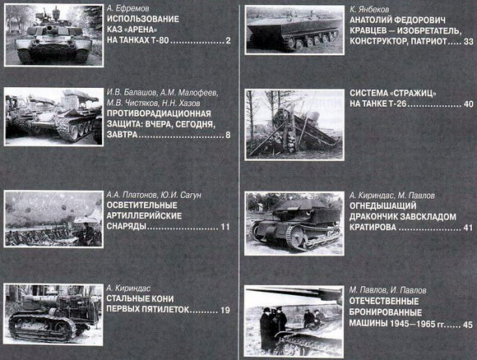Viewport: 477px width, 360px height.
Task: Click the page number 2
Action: click(x=228, y=40)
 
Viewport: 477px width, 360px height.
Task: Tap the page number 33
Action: click(x=469, y=42)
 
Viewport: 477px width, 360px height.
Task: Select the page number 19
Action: click(x=225, y=310)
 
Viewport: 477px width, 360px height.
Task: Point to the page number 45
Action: click(x=468, y=325)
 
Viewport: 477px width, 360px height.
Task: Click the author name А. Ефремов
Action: click(x=128, y=8)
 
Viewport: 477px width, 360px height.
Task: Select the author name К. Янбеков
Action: click(x=369, y=9)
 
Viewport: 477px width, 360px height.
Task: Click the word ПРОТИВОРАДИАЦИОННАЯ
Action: click(x=159, y=113)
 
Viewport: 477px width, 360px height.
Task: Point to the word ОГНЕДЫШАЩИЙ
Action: click(x=383, y=205)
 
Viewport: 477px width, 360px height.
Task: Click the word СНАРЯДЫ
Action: click(x=127, y=227)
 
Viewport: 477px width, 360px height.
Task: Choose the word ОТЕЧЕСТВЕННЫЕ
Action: click(x=384, y=302)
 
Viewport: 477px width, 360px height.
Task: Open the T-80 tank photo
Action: click(x=53, y=35)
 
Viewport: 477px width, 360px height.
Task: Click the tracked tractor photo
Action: click(x=53, y=315)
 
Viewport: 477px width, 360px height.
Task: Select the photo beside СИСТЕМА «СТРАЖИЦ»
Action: click(x=294, y=125)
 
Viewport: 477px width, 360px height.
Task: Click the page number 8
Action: click(x=228, y=135)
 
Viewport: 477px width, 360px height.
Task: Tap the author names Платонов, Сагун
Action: click(x=154, y=195)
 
